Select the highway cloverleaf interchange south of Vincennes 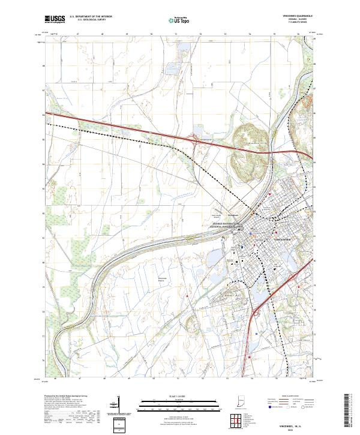coord(253,313)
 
